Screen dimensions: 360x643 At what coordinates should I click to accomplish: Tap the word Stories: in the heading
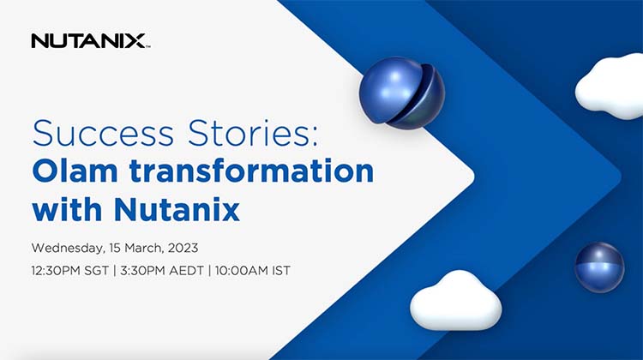point(195,135)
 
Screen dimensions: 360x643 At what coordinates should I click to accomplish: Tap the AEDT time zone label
point(197,271)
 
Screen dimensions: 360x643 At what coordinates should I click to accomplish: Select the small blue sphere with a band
point(598,267)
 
